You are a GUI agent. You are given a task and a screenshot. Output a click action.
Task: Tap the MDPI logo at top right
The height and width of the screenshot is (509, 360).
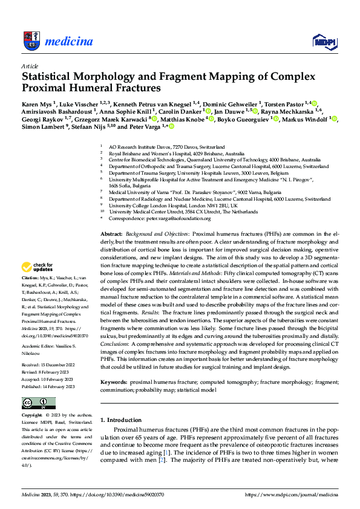point(324,41)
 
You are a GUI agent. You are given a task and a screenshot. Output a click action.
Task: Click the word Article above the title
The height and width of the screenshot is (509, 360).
point(30,66)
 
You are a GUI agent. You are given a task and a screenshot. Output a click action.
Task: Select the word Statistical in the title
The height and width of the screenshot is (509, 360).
point(51,77)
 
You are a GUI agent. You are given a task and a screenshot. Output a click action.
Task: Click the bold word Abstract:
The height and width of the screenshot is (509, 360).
point(111,233)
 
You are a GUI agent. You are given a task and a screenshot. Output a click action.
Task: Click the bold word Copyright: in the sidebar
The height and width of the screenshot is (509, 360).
point(33,416)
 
